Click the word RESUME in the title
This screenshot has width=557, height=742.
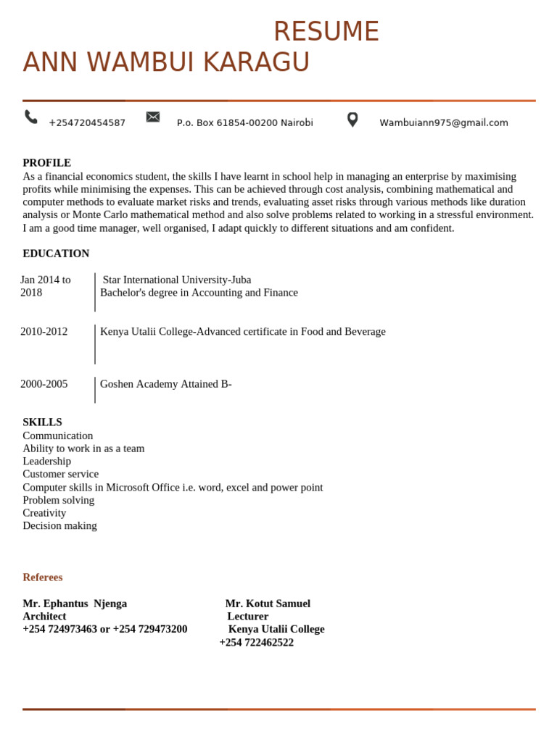326,32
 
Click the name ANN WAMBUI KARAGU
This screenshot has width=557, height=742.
166,63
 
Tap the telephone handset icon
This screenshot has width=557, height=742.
31,117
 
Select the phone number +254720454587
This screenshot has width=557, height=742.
87,123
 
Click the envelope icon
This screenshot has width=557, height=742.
153,117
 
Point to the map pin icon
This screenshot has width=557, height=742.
352,120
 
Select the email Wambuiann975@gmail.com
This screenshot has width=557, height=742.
443,123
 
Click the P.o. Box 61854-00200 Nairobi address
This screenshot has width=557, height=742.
244,123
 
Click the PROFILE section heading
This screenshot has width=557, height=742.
46,163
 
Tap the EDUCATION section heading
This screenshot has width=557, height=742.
56,254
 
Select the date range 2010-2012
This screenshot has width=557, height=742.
44,332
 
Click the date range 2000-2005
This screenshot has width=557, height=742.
44,384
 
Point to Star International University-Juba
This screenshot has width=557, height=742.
177,280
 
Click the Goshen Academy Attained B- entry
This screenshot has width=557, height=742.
166,384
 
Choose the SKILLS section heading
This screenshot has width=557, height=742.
42,422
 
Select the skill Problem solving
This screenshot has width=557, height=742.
59,500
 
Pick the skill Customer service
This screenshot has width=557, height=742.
61,474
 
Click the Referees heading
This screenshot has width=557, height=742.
43,578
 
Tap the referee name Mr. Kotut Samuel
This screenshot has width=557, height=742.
268,604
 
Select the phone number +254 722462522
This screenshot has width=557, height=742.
257,643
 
